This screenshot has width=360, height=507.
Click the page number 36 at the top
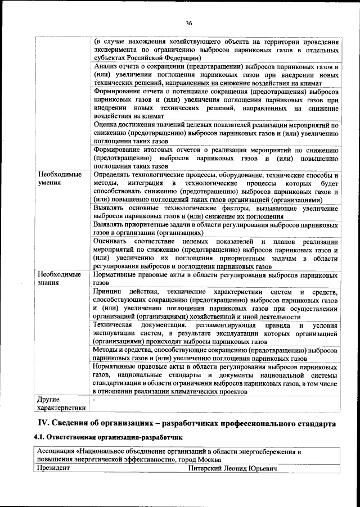coord(189,23)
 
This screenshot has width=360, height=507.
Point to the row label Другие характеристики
coord(61,404)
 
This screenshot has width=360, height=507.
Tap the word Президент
coord(53,468)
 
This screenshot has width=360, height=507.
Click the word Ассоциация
coord(56,451)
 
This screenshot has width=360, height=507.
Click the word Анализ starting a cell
coord(107,67)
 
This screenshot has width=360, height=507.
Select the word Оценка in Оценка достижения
coord(107,125)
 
